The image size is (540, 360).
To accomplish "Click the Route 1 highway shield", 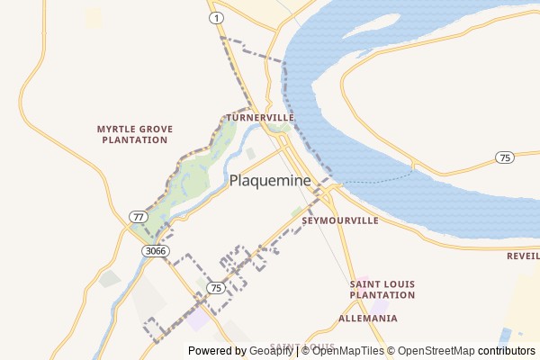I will pos(215,18).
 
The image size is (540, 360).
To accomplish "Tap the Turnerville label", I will pos(260,118).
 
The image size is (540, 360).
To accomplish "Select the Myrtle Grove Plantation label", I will pos(134,134).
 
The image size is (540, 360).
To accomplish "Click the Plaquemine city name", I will pos(270,180).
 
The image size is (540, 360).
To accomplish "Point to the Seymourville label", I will pos(340,220).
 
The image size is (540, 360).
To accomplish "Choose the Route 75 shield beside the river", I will pos(505,157).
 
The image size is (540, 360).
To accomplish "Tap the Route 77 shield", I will pos(137,217).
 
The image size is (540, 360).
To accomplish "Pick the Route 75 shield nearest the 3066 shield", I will pos(215,287).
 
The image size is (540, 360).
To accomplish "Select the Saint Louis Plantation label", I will pos(382,289).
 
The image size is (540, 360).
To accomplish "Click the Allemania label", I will pos(367,319).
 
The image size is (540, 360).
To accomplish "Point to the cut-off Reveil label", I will pos(523,256).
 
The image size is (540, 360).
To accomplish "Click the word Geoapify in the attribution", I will pos(271,351).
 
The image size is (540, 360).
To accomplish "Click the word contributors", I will pos(506,351).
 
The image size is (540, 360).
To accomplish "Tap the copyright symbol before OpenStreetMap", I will pos(391,351).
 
